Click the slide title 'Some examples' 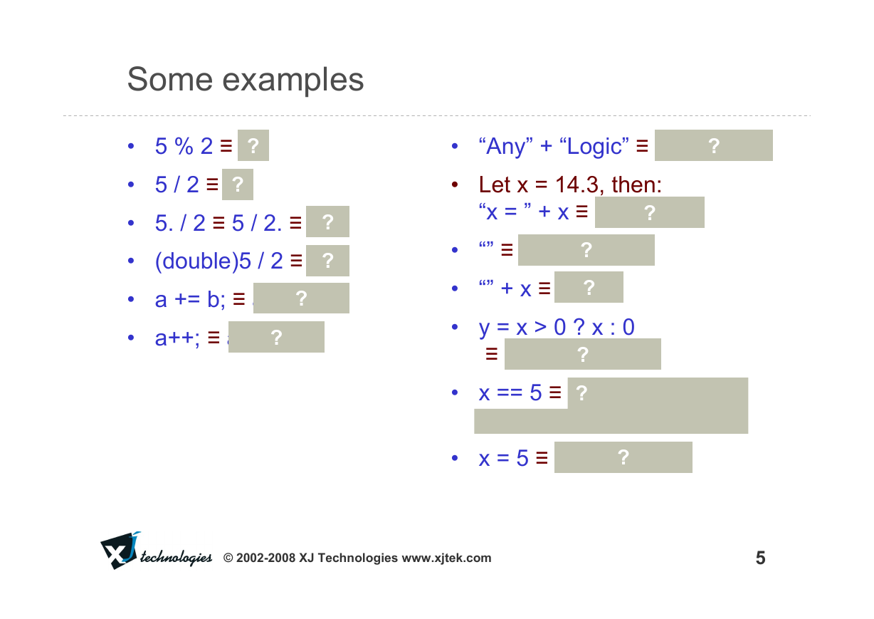coord(246,80)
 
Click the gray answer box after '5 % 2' coord(253,145)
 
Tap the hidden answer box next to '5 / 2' coord(238,184)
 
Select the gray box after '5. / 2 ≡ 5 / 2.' coord(327,222)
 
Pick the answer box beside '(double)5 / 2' coord(327,261)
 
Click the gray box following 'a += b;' coord(301,298)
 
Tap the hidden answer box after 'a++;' coord(276,337)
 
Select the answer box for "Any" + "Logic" coord(714,145)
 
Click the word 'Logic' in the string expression coord(594,147)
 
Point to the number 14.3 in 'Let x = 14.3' coord(576,184)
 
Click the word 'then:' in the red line coord(637,184)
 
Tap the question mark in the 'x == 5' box coord(581,393)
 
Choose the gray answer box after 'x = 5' coord(623,457)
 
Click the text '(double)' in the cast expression coord(196,261)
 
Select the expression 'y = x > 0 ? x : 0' coord(557,327)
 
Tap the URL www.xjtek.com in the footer coord(446,558)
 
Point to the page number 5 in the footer coord(760,558)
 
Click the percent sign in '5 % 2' coord(184,146)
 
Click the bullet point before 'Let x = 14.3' coord(455,184)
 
